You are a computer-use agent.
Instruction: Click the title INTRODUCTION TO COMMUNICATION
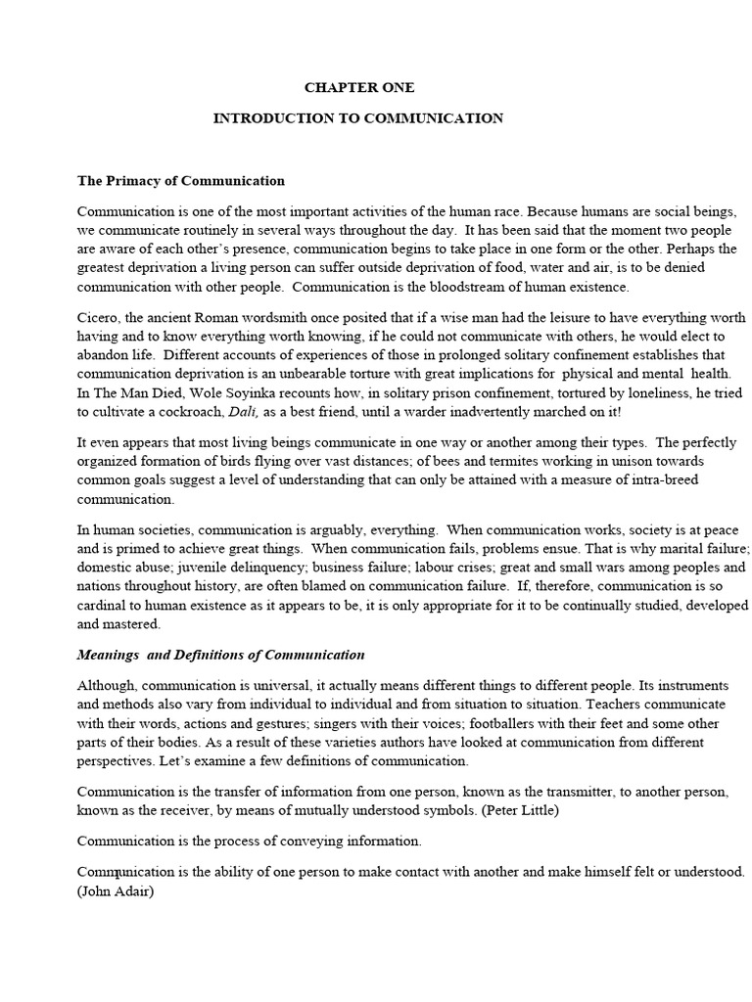coord(358,118)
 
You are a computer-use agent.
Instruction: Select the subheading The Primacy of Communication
coord(181,180)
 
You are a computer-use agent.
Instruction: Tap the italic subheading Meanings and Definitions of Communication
coord(221,655)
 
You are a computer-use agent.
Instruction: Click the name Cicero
coord(100,318)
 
